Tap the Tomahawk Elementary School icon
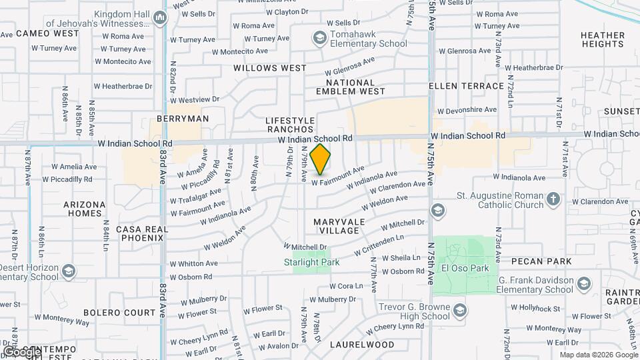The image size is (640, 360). pos(319,37)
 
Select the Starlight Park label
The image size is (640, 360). pos(312,262)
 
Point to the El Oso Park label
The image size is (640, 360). pos(465,269)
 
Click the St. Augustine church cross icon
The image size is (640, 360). pos(553,199)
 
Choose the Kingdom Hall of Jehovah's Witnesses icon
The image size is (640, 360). pos(159,18)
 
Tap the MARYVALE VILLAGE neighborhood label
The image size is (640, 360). pos(339,225)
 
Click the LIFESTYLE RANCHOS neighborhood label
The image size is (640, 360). pos(290,125)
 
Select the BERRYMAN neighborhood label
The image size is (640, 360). pos(183,119)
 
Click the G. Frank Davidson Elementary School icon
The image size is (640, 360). pos(583,284)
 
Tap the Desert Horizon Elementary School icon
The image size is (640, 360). pos(70,271)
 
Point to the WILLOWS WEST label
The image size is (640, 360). pos(270,68)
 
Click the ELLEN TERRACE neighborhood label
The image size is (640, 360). pos(466,86)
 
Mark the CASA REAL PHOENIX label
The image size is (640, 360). pos(139,233)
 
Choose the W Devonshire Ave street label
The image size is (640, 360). pos(467,110)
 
